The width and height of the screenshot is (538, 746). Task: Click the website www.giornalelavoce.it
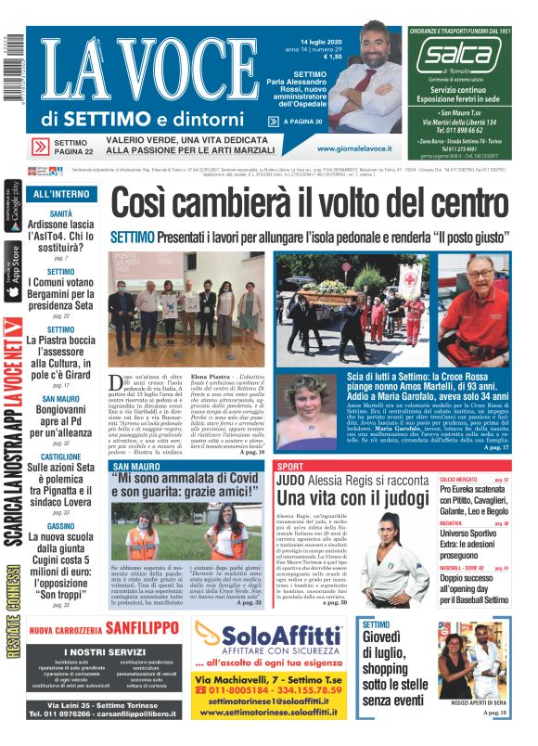click(x=353, y=148)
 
